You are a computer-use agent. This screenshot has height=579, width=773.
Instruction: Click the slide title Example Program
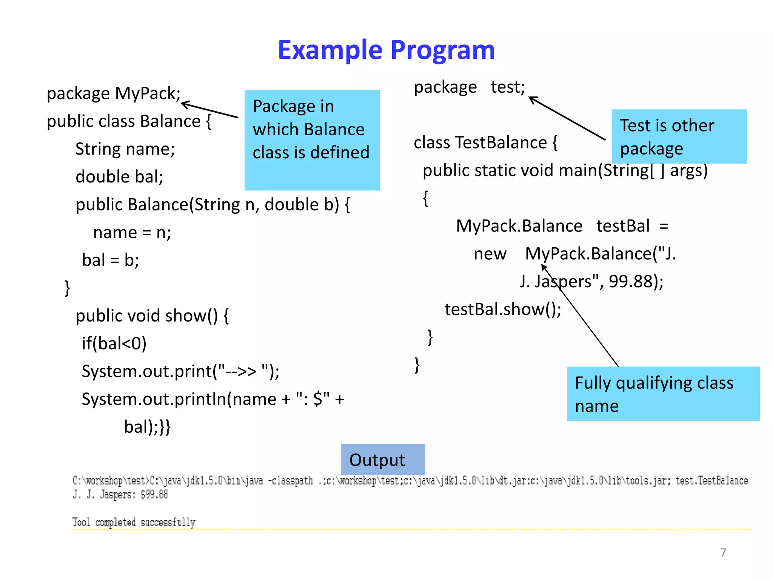pos(386,50)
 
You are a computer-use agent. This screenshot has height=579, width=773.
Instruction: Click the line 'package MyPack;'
pos(114,93)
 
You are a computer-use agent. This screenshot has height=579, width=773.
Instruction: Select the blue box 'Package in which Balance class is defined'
pos(312,140)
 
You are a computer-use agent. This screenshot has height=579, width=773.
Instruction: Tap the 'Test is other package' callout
pos(679,136)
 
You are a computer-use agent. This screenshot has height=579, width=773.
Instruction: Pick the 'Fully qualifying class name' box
pos(663,394)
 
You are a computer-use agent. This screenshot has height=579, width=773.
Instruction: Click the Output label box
pos(383,459)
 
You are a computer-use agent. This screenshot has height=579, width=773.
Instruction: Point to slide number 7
pos(723,552)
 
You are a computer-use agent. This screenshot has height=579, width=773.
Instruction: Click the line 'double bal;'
pos(119,177)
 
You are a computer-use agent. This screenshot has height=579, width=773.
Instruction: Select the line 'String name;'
pos(125,149)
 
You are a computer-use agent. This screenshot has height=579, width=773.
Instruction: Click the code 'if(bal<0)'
pos(114,343)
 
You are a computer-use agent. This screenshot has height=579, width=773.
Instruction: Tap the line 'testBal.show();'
pos(503,309)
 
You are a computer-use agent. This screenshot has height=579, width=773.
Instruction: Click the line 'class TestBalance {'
pos(485,143)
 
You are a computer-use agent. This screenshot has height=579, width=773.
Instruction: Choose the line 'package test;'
pos(469,87)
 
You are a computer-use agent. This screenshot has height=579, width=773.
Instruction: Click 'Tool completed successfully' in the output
pos(134,522)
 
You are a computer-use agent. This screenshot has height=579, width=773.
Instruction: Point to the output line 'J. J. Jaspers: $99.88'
pos(120,494)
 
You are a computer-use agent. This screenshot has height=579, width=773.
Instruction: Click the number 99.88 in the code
pos(631,282)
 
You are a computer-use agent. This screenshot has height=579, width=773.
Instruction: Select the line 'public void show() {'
pos(152,316)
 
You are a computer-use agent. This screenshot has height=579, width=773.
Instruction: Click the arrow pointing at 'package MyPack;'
pos(210,110)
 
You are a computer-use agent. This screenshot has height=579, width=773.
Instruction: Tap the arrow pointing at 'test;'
pos(567,118)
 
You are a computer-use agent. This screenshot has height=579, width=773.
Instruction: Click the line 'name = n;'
pos(132,233)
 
